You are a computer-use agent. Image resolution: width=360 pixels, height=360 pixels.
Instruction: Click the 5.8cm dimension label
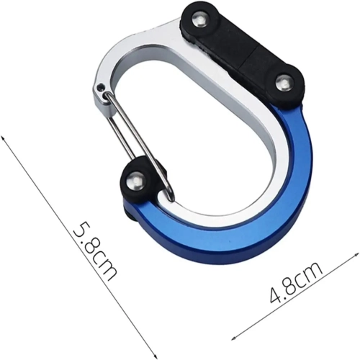(95, 251)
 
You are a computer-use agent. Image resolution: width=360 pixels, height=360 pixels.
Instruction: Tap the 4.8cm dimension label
(296, 282)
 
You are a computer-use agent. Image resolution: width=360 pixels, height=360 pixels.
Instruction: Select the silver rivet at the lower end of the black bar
(283, 84)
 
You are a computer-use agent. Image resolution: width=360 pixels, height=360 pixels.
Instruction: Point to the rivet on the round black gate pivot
(135, 181)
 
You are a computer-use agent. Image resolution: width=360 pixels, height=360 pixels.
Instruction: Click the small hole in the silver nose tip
(102, 86)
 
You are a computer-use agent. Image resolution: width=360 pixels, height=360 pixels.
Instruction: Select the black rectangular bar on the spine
(243, 52)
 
